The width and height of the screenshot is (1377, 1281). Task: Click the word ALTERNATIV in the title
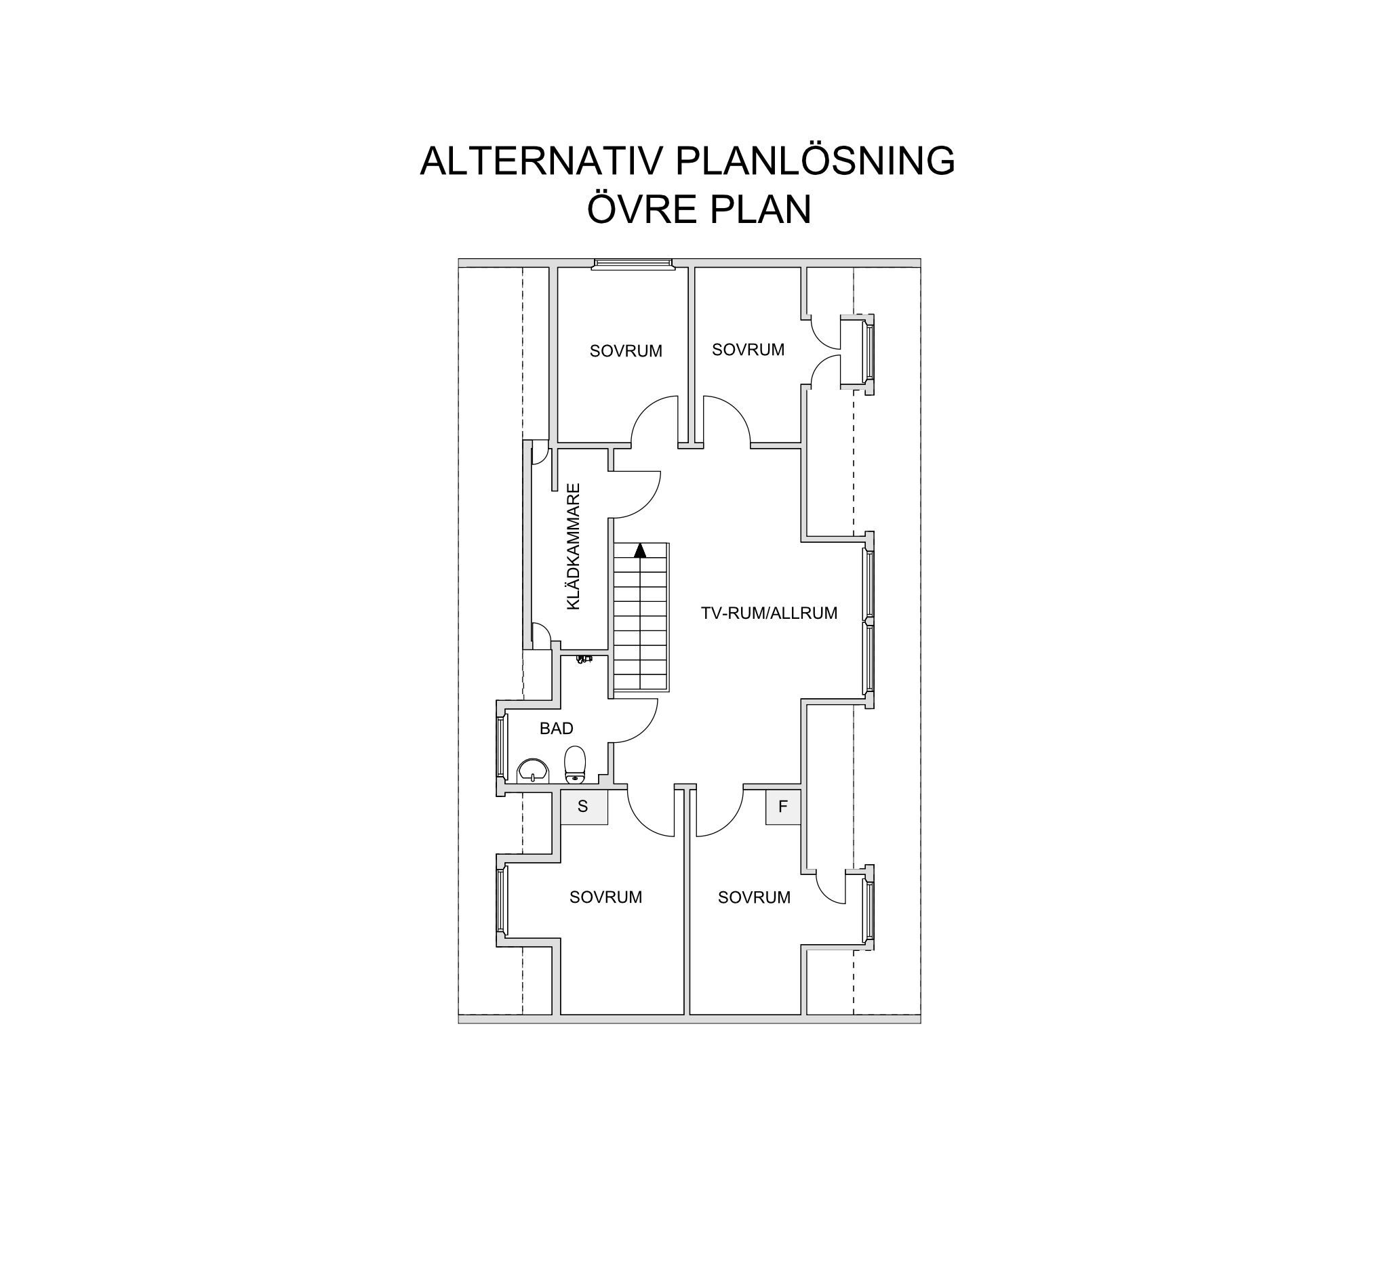[x=542, y=161]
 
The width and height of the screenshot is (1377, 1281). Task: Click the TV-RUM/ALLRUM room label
[x=769, y=613]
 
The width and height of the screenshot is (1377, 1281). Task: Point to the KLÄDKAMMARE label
[x=573, y=546]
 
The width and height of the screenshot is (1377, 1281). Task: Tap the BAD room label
[x=556, y=729]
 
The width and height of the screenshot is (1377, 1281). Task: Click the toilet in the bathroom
[x=575, y=765]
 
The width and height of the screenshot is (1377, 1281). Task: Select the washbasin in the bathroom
[x=533, y=771]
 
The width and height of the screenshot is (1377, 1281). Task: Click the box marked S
[x=584, y=807]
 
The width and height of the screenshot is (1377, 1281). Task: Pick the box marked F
[x=782, y=807]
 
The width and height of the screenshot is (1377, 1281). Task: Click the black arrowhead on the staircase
[x=640, y=550]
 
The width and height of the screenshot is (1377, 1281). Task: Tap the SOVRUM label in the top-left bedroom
[x=626, y=351]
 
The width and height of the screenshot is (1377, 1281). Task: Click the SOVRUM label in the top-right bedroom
[x=748, y=350]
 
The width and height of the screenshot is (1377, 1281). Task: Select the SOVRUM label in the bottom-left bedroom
[x=605, y=897]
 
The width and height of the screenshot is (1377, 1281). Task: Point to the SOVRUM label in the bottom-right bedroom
[x=754, y=897]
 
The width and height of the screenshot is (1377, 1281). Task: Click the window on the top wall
[x=633, y=263]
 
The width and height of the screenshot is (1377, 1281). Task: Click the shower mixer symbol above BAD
[x=584, y=659]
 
